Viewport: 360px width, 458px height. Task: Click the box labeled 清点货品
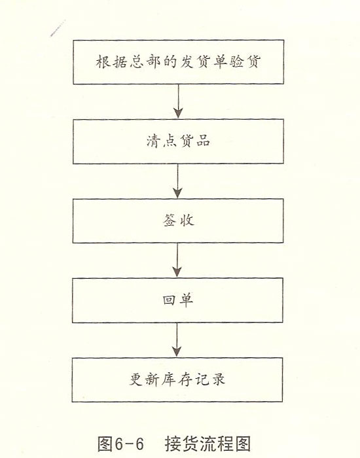tap(178, 141)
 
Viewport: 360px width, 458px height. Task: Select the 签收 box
tap(178, 221)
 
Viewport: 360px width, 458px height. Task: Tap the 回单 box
tap(177, 300)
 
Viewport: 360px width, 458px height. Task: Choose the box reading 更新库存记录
tap(177, 379)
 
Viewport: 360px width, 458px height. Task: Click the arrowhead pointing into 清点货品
tap(178, 113)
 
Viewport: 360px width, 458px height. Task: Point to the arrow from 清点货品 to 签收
tap(177, 181)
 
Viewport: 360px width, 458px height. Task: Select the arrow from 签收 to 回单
tap(177, 260)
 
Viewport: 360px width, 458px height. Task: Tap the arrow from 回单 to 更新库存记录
tap(177, 340)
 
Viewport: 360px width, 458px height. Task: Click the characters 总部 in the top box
tap(145, 62)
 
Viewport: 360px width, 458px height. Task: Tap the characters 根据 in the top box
tap(111, 62)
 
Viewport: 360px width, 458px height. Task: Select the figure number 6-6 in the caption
tap(129, 444)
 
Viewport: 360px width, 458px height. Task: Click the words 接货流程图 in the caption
tap(207, 444)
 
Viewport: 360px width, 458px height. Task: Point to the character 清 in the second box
tap(154, 141)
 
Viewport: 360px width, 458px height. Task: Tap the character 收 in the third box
tap(187, 220)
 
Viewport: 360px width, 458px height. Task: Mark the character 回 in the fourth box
tap(170, 300)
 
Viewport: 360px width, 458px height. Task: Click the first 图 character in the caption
tap(105, 444)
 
